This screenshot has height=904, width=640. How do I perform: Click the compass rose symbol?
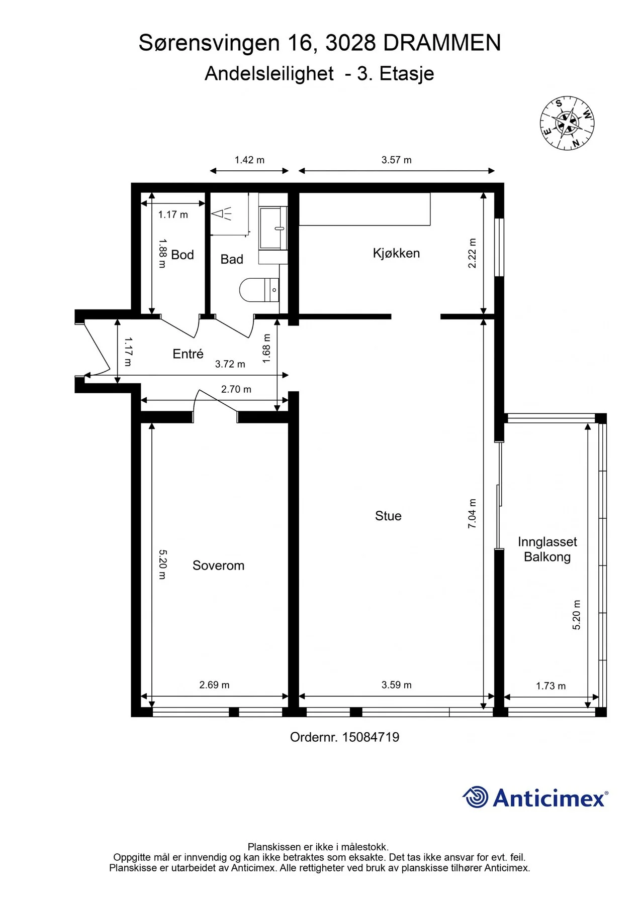pyautogui.click(x=567, y=123)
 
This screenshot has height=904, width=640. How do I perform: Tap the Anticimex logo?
pyautogui.click(x=535, y=797)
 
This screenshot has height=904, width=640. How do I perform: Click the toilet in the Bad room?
pyautogui.click(x=259, y=290)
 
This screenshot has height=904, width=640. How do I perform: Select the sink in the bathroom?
pyautogui.click(x=273, y=228)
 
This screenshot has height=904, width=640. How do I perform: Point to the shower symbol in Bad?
pyautogui.click(x=221, y=214)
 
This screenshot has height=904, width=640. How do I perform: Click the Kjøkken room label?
pyautogui.click(x=396, y=253)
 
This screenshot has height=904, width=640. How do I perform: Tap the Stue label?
pyautogui.click(x=388, y=516)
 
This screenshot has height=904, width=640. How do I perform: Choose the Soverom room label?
pyautogui.click(x=218, y=566)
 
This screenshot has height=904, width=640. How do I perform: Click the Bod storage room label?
pyautogui.click(x=182, y=255)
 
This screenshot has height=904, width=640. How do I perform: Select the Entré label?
pyautogui.click(x=188, y=354)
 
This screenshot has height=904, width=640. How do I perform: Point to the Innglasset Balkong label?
pyautogui.click(x=547, y=549)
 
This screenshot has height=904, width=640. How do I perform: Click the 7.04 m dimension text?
pyautogui.click(x=472, y=513)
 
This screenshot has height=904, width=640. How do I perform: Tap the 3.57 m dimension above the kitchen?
pyautogui.click(x=396, y=160)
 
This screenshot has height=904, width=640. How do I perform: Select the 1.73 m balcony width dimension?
pyautogui.click(x=551, y=686)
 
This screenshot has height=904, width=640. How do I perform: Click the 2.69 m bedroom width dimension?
pyautogui.click(x=214, y=685)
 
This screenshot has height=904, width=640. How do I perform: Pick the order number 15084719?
pyautogui.click(x=371, y=737)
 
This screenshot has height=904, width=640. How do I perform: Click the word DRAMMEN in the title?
pyautogui.click(x=442, y=43)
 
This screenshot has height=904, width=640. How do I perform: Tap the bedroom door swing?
pyautogui.click(x=215, y=402)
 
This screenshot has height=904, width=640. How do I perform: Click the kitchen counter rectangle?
pyautogui.click(x=365, y=209)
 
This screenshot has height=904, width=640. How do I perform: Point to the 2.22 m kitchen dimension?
pyautogui.click(x=472, y=253)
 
